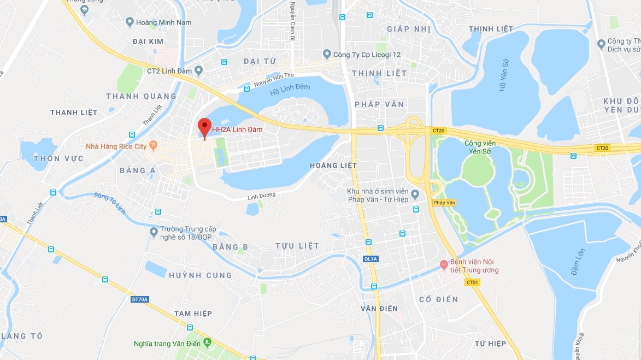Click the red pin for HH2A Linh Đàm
[204, 127]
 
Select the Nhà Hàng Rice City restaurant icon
[154, 146]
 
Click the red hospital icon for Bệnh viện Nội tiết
[444, 265]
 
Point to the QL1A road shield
[370, 258]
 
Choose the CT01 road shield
[472, 282]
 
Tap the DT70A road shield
[140, 299]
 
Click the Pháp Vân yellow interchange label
[444, 203]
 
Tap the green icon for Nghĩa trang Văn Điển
[207, 343]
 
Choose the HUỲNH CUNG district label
[200, 275]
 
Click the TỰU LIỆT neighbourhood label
[297, 246]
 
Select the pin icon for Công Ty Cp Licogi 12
[327, 54]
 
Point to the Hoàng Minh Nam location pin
[130, 22]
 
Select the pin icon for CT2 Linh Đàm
[199, 70]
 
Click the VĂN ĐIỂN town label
[379, 309]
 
